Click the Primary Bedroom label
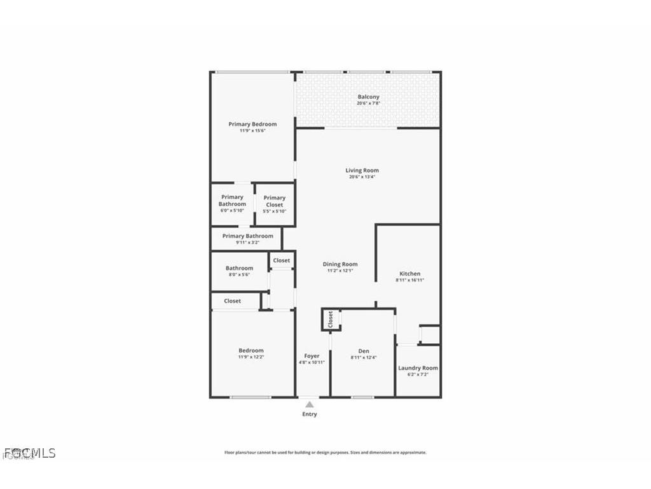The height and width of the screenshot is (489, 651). click(x=252, y=124)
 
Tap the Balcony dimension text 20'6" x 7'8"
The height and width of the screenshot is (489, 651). click(x=368, y=103)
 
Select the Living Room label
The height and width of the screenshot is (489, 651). click(x=362, y=170)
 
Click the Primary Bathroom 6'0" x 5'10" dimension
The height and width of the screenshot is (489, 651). click(x=233, y=211)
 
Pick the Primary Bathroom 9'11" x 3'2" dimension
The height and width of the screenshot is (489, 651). click(x=247, y=243)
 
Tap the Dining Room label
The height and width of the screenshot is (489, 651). click(x=340, y=264)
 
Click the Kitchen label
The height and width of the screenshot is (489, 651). click(x=409, y=273)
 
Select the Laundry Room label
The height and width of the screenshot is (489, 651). click(x=418, y=368)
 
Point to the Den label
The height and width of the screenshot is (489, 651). click(x=363, y=351)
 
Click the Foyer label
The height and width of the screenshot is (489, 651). click(x=312, y=356)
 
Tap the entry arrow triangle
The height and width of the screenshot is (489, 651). click(x=309, y=404)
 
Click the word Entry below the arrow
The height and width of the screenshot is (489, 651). click(x=309, y=415)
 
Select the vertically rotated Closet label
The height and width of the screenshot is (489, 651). click(x=330, y=320)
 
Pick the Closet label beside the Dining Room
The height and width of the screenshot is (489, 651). click(x=281, y=260)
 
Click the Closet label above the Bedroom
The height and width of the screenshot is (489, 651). click(x=233, y=301)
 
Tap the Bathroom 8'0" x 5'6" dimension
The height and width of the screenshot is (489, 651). click(x=239, y=275)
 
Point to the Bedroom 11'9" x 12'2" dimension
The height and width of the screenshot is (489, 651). click(x=250, y=357)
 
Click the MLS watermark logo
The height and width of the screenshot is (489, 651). click(x=30, y=453)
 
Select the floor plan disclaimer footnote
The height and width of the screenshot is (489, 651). click(x=325, y=453)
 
